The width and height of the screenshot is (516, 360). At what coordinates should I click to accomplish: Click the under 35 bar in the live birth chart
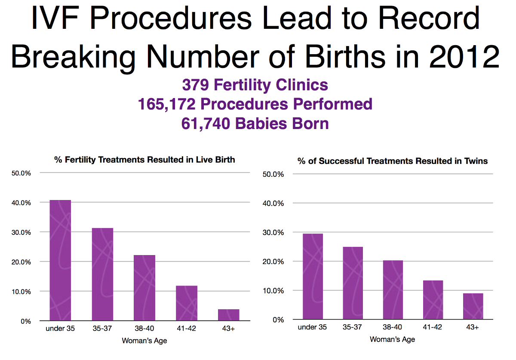[x=60, y=260]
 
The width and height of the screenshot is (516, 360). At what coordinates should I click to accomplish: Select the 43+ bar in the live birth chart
[x=228, y=315]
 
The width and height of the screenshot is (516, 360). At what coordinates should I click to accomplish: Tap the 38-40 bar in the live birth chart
[x=144, y=288]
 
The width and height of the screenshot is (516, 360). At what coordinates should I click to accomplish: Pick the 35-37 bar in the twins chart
[x=352, y=283]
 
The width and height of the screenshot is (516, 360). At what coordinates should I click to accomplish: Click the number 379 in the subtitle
[x=195, y=85]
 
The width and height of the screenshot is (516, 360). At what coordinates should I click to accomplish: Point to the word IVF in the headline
[x=56, y=19]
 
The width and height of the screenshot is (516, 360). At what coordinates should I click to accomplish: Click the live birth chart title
[x=144, y=160]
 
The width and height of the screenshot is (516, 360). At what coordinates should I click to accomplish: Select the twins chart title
[x=393, y=161]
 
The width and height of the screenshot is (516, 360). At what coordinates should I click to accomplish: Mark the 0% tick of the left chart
[x=26, y=321]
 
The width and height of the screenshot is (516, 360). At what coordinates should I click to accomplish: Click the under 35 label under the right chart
[x=312, y=327]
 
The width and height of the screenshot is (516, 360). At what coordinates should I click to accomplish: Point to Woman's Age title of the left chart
[x=144, y=341]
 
